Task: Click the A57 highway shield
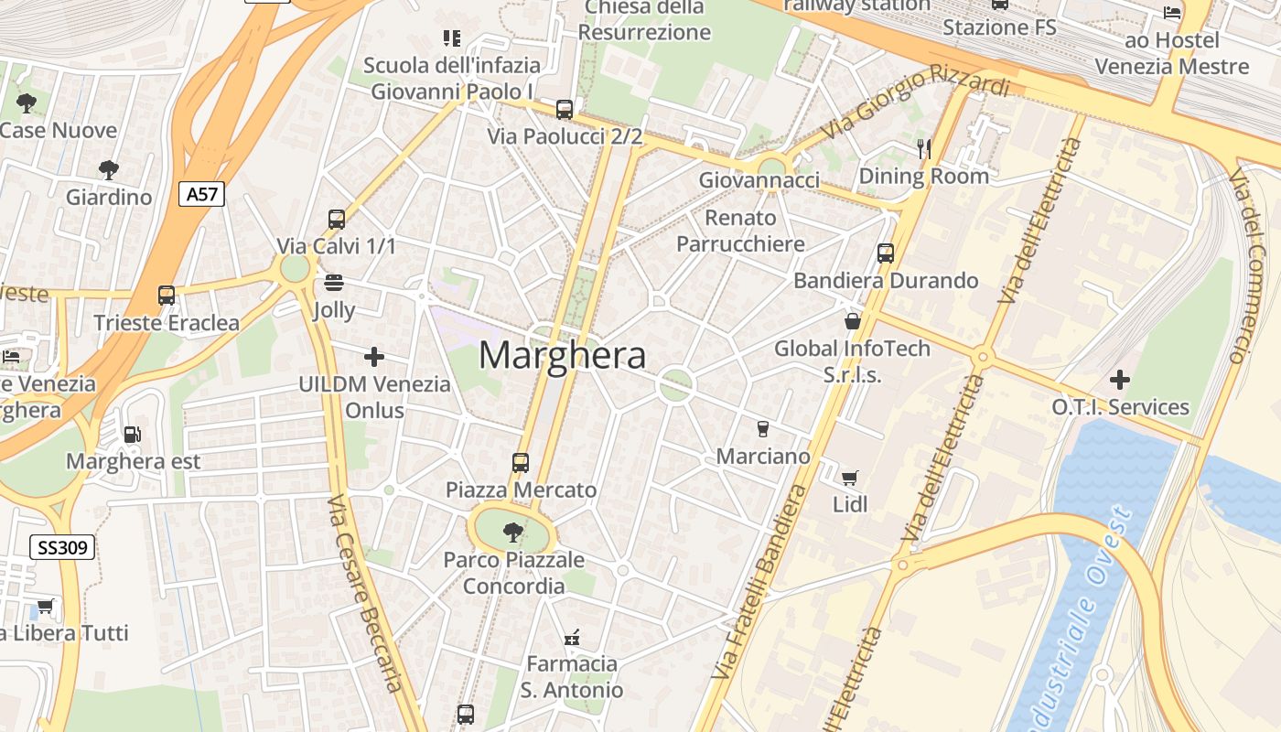click(x=201, y=193)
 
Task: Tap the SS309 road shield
click(x=63, y=548)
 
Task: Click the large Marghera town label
click(x=562, y=355)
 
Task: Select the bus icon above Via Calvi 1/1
click(x=337, y=220)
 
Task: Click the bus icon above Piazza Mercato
click(x=521, y=463)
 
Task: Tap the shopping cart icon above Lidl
click(x=850, y=477)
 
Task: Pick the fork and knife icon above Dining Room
click(x=924, y=148)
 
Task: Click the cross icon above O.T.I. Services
click(x=1119, y=380)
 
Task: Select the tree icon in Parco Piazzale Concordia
click(x=512, y=531)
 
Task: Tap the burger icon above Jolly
click(x=334, y=282)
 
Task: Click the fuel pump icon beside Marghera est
click(x=133, y=435)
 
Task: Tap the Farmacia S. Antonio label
click(x=572, y=676)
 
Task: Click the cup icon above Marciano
click(x=763, y=428)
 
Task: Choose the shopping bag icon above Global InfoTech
click(x=853, y=321)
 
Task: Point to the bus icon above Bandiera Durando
click(x=886, y=253)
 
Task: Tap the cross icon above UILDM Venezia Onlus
click(x=373, y=357)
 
